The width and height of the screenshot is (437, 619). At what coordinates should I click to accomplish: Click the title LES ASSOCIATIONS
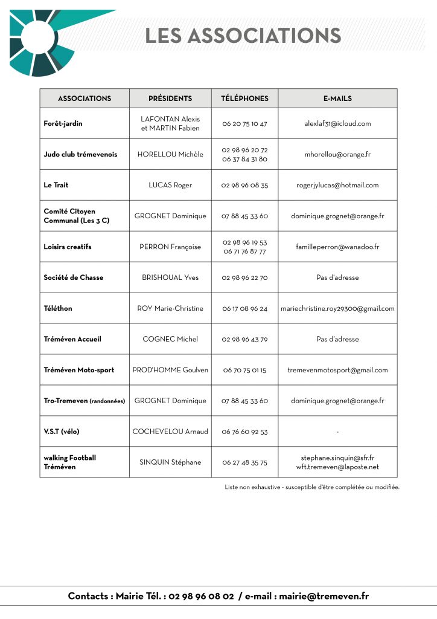pyautogui.click(x=243, y=35)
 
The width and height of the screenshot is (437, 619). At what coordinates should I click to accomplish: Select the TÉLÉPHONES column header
pyautogui.click(x=244, y=99)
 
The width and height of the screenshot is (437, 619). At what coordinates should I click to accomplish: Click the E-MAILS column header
pyautogui.click(x=337, y=99)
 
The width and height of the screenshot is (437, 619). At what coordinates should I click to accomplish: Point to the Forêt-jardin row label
pyautogui.click(x=63, y=123)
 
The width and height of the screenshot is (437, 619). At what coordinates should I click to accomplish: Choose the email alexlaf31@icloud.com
pyautogui.click(x=337, y=123)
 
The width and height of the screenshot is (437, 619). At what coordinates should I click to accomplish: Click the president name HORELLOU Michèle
pyautogui.click(x=170, y=154)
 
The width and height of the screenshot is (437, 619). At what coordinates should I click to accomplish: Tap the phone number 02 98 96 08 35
pyautogui.click(x=244, y=185)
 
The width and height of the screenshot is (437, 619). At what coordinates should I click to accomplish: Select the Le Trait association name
pyautogui.click(x=56, y=185)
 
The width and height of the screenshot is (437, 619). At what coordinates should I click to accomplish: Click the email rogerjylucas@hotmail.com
pyautogui.click(x=337, y=185)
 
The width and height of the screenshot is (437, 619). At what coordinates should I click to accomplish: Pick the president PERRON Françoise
pyautogui.click(x=170, y=247)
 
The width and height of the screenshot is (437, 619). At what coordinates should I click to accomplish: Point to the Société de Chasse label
pyautogui.click(x=74, y=277)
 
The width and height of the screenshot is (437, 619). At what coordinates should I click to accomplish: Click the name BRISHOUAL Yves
pyautogui.click(x=170, y=277)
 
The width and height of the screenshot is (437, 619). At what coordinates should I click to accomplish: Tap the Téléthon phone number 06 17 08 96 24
pyautogui.click(x=244, y=308)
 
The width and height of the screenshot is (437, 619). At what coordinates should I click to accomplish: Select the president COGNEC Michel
pyautogui.click(x=170, y=339)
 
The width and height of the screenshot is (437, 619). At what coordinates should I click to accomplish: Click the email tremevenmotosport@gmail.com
pyautogui.click(x=337, y=370)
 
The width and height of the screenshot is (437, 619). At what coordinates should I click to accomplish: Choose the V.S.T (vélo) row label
pyautogui.click(x=62, y=432)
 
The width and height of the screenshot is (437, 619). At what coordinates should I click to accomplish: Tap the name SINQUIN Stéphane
pyautogui.click(x=170, y=462)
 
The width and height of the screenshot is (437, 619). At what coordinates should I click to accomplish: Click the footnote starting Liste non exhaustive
pyautogui.click(x=311, y=487)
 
